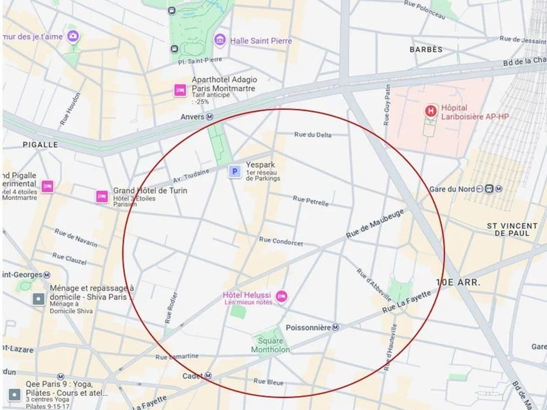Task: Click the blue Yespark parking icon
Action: point(234,172)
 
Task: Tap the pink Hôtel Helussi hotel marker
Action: point(281,296)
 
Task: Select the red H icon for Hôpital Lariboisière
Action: point(430,111)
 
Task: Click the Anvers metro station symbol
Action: point(209,117)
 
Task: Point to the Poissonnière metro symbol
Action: point(335,327)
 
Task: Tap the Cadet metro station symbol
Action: point(208,376)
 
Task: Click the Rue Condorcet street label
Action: point(281,241)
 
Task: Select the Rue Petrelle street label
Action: point(310,201)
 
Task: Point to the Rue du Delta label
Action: point(313,135)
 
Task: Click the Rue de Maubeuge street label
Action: point(375,224)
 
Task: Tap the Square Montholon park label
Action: point(270,345)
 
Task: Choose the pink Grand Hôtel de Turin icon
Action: point(101,196)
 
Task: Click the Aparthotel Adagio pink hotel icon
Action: point(180,90)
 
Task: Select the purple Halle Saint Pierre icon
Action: point(220,40)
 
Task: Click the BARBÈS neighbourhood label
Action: point(426,50)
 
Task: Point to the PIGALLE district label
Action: point(40,145)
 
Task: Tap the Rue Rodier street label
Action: point(171,308)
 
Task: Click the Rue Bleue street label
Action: point(268,382)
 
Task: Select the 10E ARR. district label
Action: point(458,282)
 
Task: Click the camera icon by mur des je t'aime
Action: point(73,36)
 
